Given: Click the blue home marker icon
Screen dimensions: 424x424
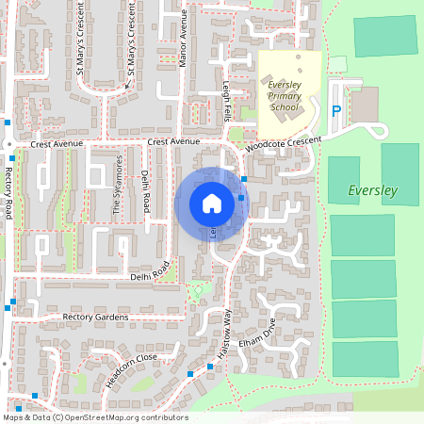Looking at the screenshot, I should (212, 203).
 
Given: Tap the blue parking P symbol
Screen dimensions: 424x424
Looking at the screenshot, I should (336, 111).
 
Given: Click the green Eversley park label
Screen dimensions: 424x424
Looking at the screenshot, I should (373, 191).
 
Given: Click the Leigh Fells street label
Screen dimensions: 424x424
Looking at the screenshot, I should (227, 100).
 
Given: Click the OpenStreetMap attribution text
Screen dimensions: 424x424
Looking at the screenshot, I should (95, 416).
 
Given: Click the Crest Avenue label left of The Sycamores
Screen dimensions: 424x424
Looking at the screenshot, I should (57, 144).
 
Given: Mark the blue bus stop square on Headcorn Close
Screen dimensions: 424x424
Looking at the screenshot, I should (190, 375).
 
